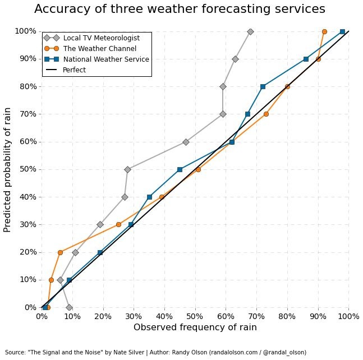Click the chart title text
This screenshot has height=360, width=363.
pyautogui.click(x=180, y=9)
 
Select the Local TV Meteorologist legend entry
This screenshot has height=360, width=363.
pyautogui.click(x=101, y=38)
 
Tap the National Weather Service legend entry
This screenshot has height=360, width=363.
pyautogui.click(x=106, y=59)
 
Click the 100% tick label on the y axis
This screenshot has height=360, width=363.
pyautogui.click(x=25, y=31)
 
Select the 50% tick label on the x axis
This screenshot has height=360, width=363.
pyautogui.click(x=195, y=316)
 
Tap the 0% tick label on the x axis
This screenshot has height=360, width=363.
pyautogui.click(x=42, y=316)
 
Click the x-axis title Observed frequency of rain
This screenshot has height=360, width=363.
pyautogui.click(x=195, y=327)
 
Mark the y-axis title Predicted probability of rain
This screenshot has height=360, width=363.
pyautogui.click(x=8, y=169)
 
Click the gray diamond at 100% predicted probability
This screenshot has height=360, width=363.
pyautogui.click(x=250, y=32)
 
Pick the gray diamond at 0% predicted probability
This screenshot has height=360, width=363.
pyautogui.click(x=69, y=307)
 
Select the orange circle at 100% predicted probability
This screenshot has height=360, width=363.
pyautogui.click(x=324, y=32)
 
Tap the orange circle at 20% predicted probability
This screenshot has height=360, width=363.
pyautogui.click(x=60, y=252)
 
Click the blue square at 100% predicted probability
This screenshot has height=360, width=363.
pyautogui.click(x=342, y=32)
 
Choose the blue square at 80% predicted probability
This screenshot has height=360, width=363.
pyautogui.click(x=263, y=86)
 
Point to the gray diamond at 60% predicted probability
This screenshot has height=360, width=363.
pyautogui.click(x=186, y=142)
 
